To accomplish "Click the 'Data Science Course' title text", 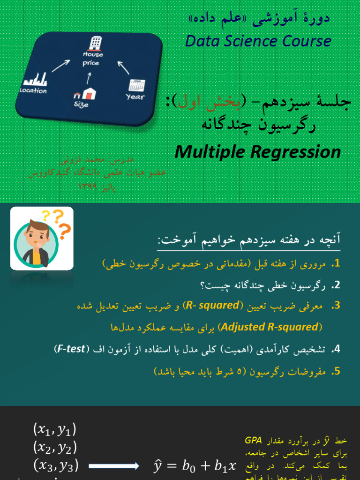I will click(x=258, y=41).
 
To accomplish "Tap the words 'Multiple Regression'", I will click(x=258, y=151).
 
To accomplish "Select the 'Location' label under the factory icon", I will click(x=33, y=90).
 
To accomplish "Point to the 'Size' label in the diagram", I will click(x=81, y=105).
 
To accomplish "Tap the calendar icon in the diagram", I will click(x=137, y=85).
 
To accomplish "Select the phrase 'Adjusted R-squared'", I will click(x=269, y=327).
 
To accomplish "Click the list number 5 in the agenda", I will click(x=336, y=372).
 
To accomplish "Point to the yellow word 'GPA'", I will click(x=253, y=441).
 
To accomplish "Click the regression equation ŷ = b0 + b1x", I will click(x=195, y=466).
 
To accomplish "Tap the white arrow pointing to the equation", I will click(x=113, y=466).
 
